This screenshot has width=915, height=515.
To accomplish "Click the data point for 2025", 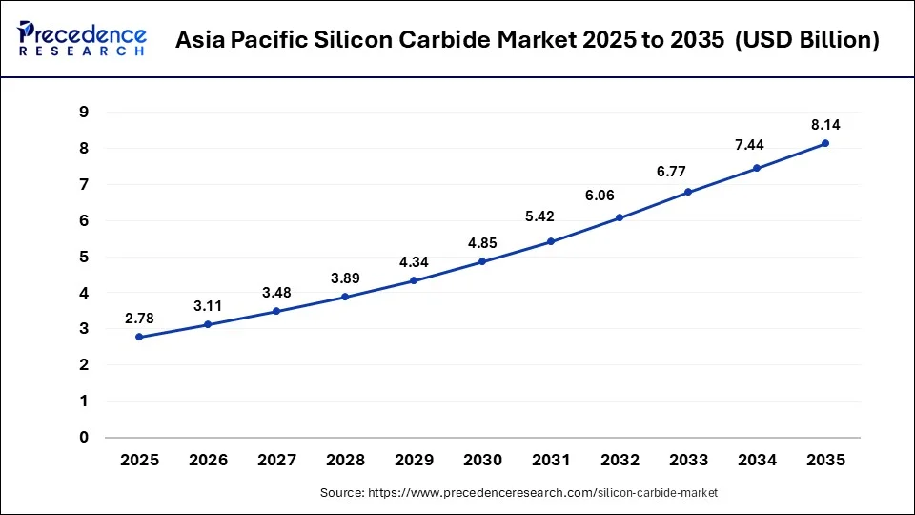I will coord(139,337).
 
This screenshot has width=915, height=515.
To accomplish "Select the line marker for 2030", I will coord(482,261).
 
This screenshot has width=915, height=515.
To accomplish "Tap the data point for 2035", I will coord(825,143).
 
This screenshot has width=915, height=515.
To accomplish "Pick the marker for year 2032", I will coord(620,217).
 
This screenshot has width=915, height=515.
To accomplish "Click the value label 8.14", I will coord(825,124).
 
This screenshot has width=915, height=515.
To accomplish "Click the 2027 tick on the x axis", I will coord(276,460).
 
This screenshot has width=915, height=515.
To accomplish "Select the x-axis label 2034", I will coord(757,460).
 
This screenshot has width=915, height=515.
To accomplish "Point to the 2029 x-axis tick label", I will coord(414,460).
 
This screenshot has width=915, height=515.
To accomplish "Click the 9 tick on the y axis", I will coord(84,113).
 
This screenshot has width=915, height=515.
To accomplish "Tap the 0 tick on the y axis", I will coord(84,438).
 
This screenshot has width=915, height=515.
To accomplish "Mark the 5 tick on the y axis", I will coord(84,257).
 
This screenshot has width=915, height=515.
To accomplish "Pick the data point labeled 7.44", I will coord(757,168).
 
